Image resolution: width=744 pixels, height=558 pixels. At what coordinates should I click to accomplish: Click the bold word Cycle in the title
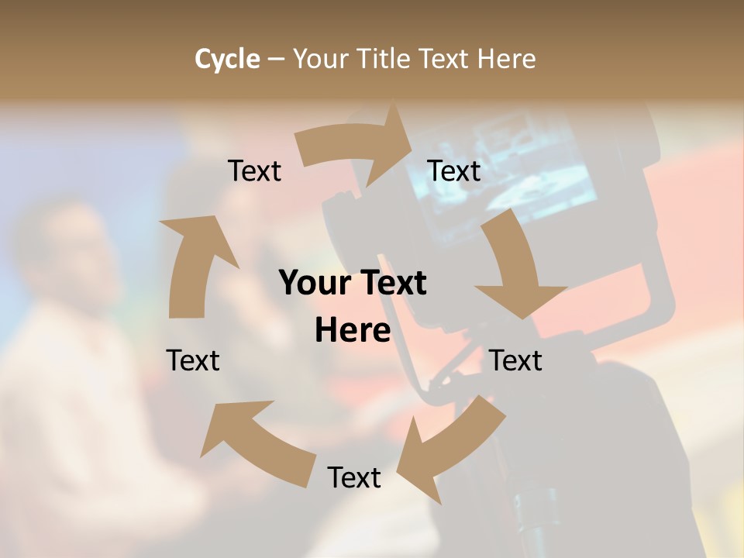coord(227,59)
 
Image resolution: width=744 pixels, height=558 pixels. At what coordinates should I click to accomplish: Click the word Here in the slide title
coord(506,59)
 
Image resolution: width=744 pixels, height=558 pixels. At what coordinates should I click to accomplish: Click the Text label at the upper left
coord(254,170)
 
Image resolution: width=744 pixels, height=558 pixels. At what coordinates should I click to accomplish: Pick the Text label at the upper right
coord(454,170)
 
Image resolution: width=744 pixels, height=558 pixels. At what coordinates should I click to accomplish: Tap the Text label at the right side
coord(516,360)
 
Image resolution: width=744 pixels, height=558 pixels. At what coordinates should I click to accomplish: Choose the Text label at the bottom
coord(354,477)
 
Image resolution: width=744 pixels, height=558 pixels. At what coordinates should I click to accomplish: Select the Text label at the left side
coord(193,360)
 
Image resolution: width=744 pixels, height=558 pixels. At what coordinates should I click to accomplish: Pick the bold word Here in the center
coord(352,330)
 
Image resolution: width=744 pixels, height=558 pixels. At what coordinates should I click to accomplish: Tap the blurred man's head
coord(66,248)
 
